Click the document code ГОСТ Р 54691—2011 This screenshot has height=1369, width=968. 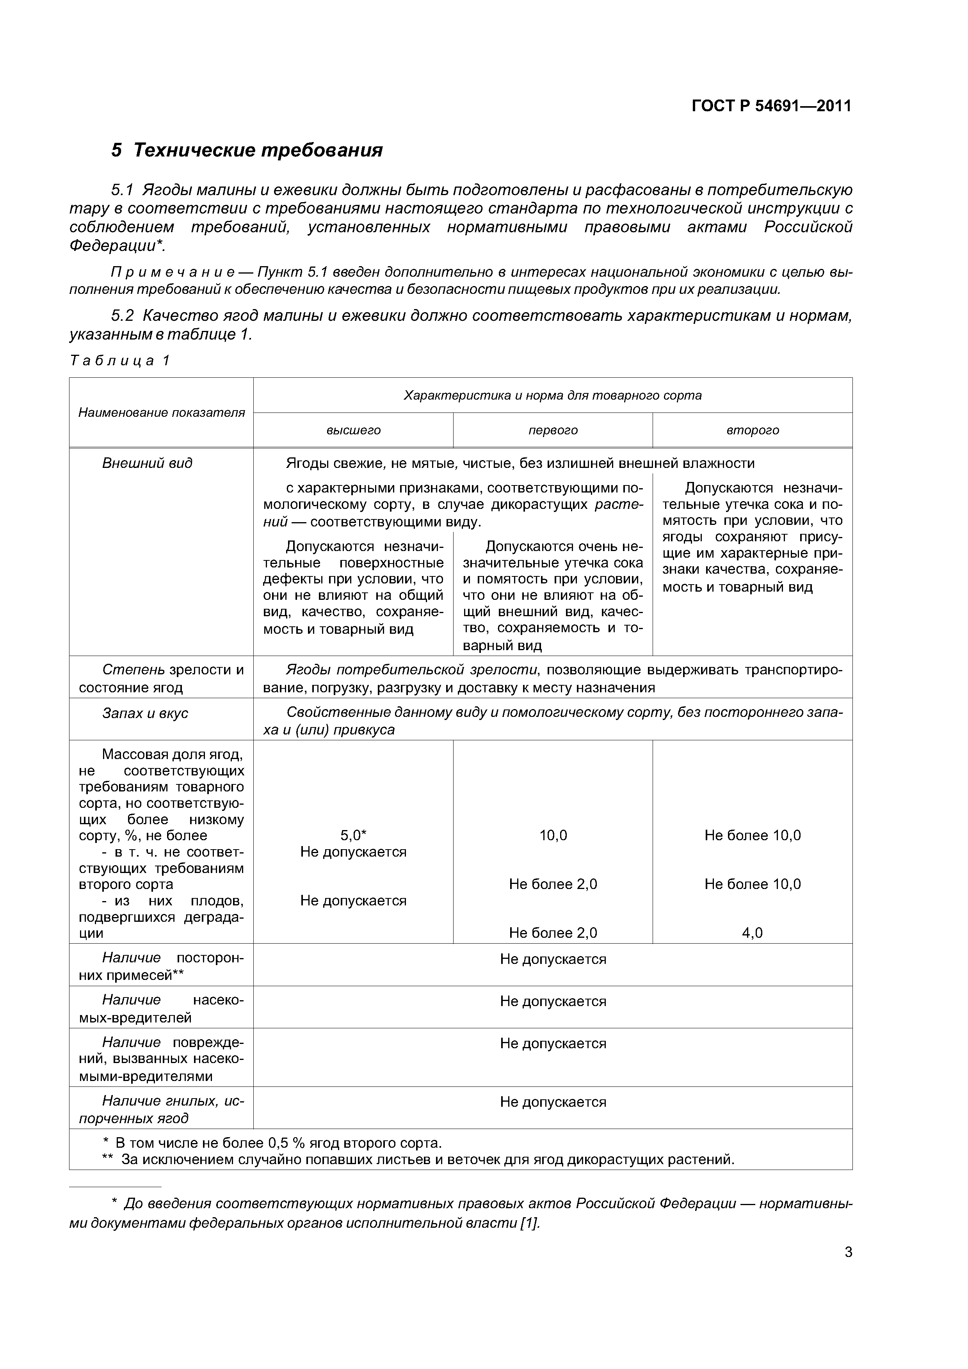point(771,106)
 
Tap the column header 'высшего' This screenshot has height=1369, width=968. point(353,430)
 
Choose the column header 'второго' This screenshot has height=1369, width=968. point(752,430)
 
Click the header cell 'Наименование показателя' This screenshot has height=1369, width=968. point(162,412)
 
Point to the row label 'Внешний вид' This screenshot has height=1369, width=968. point(147,463)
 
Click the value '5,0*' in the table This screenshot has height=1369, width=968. point(353,836)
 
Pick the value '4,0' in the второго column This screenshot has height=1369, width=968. point(752,933)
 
